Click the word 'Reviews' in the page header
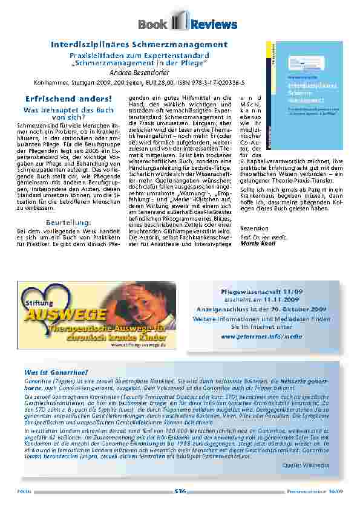pos(214,24)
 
